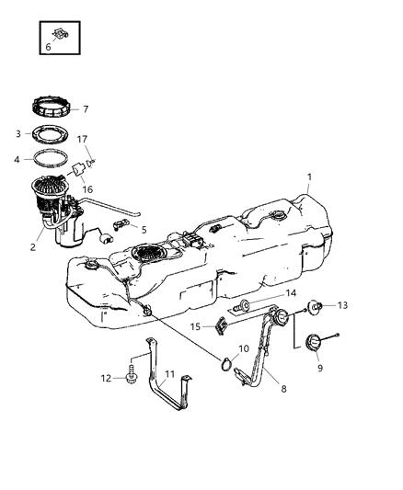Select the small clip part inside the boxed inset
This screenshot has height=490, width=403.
tap(60, 36)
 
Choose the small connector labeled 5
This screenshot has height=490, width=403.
tap(121, 225)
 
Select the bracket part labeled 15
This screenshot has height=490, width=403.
tap(222, 325)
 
